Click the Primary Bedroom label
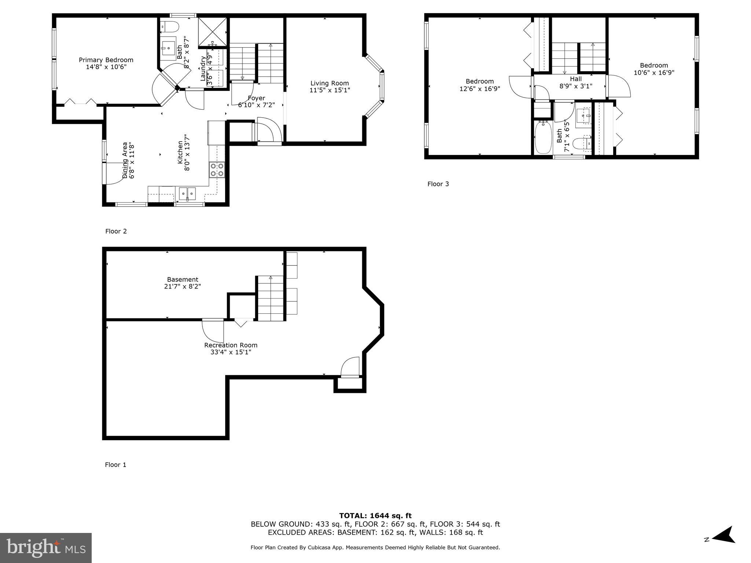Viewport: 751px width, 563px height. [x=106, y=60]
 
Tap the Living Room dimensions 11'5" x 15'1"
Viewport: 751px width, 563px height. [x=329, y=90]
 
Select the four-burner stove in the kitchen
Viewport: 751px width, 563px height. [x=217, y=170]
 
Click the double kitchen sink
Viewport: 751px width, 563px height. [x=187, y=193]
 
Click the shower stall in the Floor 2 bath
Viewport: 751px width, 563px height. [x=212, y=33]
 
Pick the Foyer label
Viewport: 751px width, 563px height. [x=256, y=98]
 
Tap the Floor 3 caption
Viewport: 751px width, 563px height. [x=438, y=184]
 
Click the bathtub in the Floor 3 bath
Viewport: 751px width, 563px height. [x=543, y=139]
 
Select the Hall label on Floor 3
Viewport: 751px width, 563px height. [x=575, y=79]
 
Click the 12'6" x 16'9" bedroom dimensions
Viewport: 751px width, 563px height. [x=479, y=89]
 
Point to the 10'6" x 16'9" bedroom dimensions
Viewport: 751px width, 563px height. [x=654, y=73]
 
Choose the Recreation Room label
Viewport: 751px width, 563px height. [x=231, y=345]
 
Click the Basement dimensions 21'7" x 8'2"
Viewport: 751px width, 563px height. [x=182, y=286]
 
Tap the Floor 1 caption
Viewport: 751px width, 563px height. [x=116, y=465]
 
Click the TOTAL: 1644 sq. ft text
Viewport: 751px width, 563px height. [x=375, y=516]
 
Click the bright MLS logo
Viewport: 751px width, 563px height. [x=46, y=548]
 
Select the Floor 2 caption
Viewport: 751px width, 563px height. [x=116, y=231]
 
